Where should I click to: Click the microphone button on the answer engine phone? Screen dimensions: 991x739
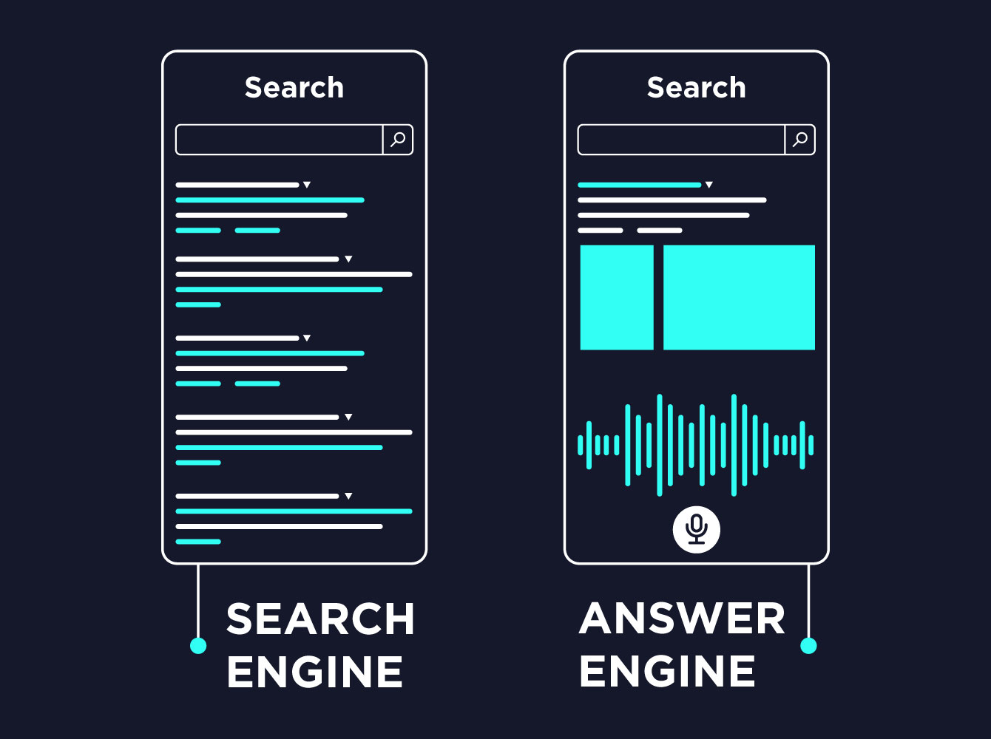click(x=696, y=529)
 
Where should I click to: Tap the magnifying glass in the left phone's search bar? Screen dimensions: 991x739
click(x=398, y=139)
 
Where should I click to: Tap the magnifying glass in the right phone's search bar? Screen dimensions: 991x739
click(x=800, y=139)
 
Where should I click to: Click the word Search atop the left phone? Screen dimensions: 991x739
click(x=294, y=87)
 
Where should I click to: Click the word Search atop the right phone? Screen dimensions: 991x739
click(x=697, y=87)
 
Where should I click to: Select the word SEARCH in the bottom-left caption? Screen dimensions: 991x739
click(x=320, y=619)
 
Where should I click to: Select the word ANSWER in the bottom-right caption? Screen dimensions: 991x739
click(x=682, y=619)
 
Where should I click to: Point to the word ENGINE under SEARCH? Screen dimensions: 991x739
click(x=315, y=672)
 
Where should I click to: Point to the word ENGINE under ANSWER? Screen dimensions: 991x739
click(x=667, y=672)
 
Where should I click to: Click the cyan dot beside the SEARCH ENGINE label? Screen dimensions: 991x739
click(x=198, y=646)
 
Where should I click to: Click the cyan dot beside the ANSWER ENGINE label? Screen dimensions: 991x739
click(x=808, y=646)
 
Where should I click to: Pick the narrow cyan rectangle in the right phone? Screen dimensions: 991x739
click(x=617, y=297)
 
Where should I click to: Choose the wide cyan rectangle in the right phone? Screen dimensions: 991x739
click(x=739, y=297)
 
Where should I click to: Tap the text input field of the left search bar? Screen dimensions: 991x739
click(x=279, y=140)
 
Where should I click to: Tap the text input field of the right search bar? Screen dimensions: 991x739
click(x=681, y=140)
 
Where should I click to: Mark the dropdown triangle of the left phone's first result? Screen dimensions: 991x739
click(x=307, y=185)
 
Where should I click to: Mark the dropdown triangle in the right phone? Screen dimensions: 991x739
click(x=708, y=185)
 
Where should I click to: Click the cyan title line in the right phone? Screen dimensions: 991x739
click(x=639, y=185)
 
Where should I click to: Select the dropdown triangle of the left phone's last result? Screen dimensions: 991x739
click(x=348, y=496)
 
